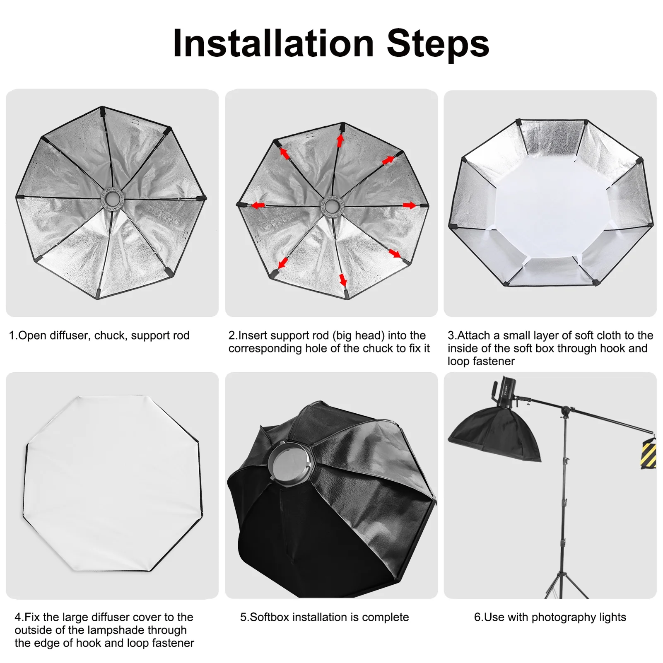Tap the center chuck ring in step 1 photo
[x=112, y=199]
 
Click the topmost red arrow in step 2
[x=340, y=140]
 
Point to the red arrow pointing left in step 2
[x=258, y=205]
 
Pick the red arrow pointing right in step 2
[x=410, y=205]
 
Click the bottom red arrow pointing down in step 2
[x=343, y=280]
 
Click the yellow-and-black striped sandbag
[x=649, y=453]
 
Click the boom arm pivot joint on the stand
[x=565, y=412]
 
